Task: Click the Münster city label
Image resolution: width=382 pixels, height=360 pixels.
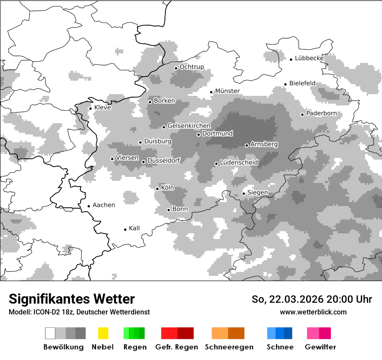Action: click(227, 91)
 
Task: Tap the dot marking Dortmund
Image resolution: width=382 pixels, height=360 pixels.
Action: click(198, 134)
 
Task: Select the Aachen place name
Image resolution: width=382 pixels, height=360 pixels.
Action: click(104, 205)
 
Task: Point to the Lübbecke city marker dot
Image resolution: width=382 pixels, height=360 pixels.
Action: click(291, 59)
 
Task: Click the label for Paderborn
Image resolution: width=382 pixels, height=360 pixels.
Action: click(321, 114)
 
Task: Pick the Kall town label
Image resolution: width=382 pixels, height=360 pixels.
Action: click(134, 228)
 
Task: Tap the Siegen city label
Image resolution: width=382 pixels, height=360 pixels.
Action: click(257, 193)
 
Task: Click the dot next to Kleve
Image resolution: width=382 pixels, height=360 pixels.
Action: click(90, 108)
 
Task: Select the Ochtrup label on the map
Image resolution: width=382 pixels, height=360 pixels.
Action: click(191, 67)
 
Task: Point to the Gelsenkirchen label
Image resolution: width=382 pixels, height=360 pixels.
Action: click(189, 126)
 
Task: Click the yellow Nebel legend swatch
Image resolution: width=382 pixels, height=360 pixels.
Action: click(103, 333)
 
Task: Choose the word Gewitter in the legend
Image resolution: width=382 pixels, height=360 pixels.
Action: click(320, 347)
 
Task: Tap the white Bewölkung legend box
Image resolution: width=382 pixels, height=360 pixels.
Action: click(50, 333)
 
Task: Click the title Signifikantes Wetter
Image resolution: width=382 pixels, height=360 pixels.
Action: click(72, 299)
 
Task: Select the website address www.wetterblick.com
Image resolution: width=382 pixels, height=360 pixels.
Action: click(313, 312)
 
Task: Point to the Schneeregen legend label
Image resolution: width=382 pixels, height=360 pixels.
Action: click(228, 347)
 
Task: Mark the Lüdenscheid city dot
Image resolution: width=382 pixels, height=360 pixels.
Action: click(216, 164)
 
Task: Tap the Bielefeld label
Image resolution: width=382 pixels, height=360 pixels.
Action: click(302, 83)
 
